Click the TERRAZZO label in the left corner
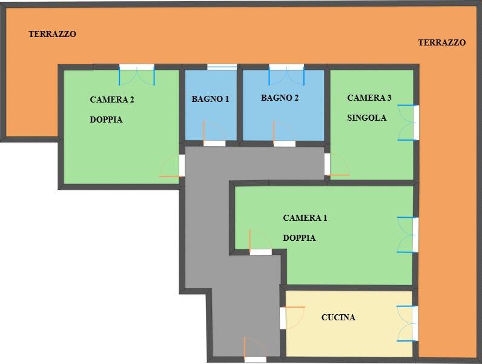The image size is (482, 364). coord(52,34)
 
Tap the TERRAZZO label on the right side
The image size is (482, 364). coord(441,42)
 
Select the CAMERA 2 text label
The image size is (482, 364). coord(112,99)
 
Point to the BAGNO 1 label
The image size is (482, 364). coord(210,99)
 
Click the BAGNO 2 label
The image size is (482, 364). coord(280,98)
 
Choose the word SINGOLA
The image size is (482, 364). coord(367,118)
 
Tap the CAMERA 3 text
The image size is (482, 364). coord(369,98)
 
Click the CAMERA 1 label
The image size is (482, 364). coord(305,218)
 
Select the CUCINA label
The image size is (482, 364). coord(338,317)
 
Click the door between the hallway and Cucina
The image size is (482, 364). coord(292,318)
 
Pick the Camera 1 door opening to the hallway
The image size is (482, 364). coord(260,242)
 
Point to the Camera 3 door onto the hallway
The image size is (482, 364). coord(337,164)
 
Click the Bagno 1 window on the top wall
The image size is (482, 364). coord(222,67)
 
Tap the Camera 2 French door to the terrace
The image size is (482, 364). coord(137,75)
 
